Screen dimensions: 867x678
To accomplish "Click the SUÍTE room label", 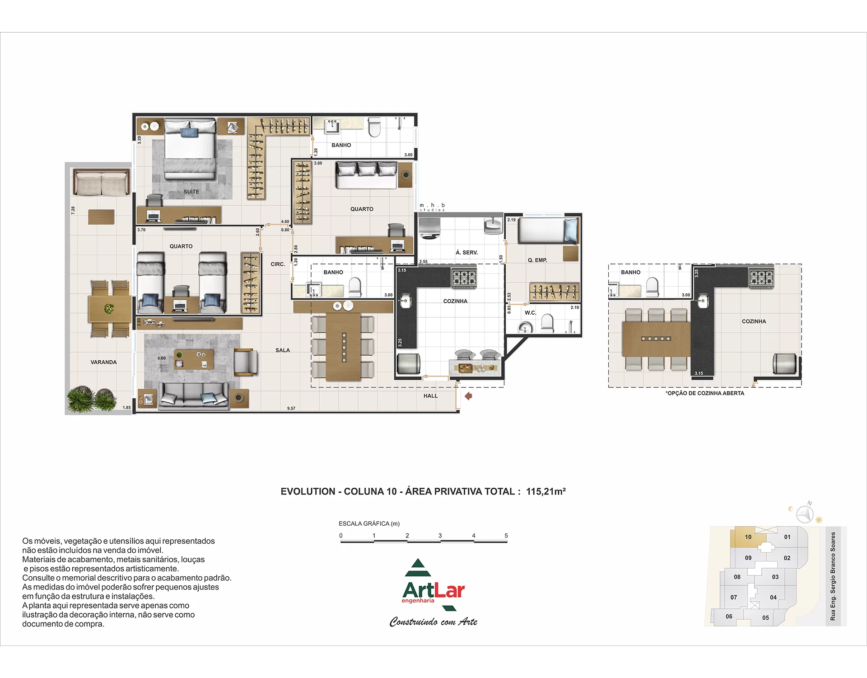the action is tap(191, 192).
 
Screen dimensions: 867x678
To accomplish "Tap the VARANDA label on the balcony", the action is tap(103, 362).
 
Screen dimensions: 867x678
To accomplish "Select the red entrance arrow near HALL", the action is tap(468, 396).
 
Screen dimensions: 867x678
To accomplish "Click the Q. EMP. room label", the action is tap(537, 260).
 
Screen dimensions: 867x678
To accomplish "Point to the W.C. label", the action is tap(530, 313).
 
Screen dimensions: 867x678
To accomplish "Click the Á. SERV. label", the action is tap(466, 253).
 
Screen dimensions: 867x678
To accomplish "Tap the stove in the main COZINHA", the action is tap(464, 277).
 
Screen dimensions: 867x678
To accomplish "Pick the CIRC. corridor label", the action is tap(278, 264).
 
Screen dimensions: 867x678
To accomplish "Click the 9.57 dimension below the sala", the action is tap(291, 409).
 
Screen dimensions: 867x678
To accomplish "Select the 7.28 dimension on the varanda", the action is tap(73, 210).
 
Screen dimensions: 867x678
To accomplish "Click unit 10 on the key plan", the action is tap(748, 537).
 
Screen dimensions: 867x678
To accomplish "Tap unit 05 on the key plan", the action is tap(765, 618).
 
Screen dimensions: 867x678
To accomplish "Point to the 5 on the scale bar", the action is tap(506, 536).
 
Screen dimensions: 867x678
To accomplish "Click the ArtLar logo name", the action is tap(433, 590).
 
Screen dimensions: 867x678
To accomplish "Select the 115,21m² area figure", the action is tap(546, 491).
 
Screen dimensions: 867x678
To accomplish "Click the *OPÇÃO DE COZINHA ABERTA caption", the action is tap(705, 393).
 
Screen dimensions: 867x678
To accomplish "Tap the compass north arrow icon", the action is tap(805, 513).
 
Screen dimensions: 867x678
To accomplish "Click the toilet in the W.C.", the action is tap(547, 323).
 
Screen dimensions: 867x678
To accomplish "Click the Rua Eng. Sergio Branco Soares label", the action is tap(833, 576).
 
